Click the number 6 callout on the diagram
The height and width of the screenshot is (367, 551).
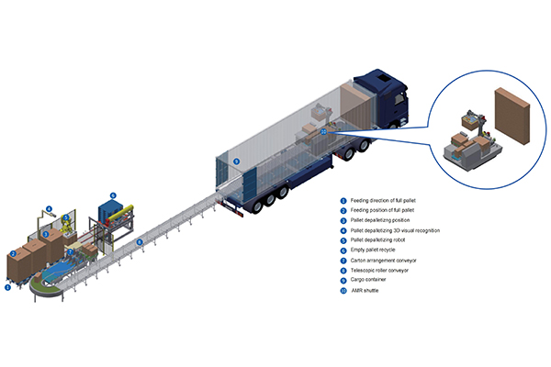pyautogui.click(x=113, y=195)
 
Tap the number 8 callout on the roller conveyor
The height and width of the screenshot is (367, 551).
pyautogui.click(x=140, y=241)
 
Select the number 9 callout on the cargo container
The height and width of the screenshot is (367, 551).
pyautogui.click(x=236, y=161)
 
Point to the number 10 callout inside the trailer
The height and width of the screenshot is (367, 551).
pyautogui.click(x=323, y=131)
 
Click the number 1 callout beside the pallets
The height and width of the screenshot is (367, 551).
pyautogui.click(x=8, y=287)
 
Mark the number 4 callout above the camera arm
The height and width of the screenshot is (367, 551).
pyautogui.click(x=50, y=208)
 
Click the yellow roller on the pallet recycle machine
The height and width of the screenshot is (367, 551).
pyautogui.click(x=128, y=209)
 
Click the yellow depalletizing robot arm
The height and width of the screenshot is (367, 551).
pyautogui.click(x=68, y=225)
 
